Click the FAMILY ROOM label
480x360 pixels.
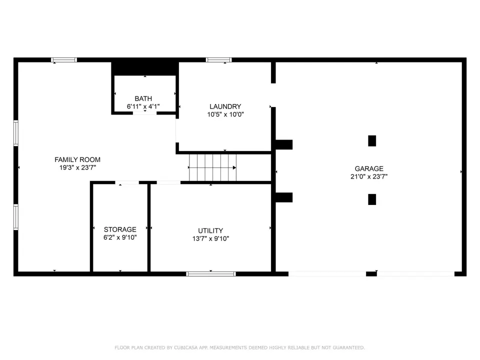[x=77, y=159]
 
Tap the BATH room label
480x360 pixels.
[x=143, y=98]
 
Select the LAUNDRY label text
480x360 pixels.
[x=225, y=106]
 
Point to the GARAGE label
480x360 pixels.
[x=369, y=168]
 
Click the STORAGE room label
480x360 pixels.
[x=120, y=229]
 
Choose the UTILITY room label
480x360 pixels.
[x=210, y=231]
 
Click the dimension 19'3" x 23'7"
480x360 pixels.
[x=78, y=168]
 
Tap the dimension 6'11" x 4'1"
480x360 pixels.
[x=143, y=106]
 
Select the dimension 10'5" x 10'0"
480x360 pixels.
[x=225, y=114]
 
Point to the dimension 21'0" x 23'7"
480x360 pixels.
[x=369, y=176]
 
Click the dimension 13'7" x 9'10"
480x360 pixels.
[x=210, y=239]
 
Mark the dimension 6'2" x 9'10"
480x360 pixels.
[x=120, y=237]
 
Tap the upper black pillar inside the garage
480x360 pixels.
[x=372, y=141]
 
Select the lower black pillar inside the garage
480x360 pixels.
[x=372, y=199]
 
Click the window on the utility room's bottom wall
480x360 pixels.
[x=211, y=274]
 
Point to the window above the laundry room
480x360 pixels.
[x=218, y=60]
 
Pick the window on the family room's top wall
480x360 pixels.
[x=64, y=60]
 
